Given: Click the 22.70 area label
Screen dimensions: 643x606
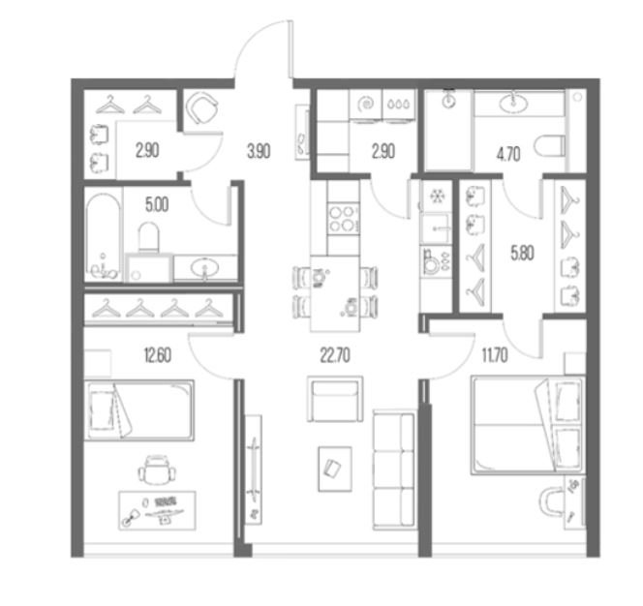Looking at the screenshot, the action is coord(335,355).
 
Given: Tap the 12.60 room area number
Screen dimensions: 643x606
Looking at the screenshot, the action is coord(158,355).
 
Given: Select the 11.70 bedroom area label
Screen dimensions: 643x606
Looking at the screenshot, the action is coord(495,355).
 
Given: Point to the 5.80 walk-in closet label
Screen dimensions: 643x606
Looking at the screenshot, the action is coord(523,253).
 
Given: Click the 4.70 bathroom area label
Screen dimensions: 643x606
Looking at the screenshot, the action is coord(508,154).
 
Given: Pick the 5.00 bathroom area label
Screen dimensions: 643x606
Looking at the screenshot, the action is coord(157,204).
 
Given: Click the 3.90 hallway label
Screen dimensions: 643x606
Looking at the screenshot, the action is coord(259,151).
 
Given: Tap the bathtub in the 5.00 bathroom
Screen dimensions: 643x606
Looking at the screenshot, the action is coord(104,237).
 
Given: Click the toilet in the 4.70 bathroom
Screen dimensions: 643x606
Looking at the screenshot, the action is coord(550,145).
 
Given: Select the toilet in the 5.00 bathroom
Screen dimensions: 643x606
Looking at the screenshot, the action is coord(148,237).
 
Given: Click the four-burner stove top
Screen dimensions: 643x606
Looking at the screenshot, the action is coord(344,219).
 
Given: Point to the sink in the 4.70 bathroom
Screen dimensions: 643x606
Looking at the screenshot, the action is coord(513,102).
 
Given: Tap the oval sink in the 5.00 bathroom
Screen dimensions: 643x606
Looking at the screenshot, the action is coord(204,268).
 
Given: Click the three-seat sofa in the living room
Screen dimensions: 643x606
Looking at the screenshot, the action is coord(394,470).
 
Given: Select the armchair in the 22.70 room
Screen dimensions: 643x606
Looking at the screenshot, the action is coord(335,399).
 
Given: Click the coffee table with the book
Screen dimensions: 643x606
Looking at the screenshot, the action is coord(335,470).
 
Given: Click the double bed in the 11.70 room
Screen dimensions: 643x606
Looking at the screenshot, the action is coord(528,425).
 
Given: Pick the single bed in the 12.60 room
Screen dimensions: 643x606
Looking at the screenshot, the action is coord(139,410).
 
